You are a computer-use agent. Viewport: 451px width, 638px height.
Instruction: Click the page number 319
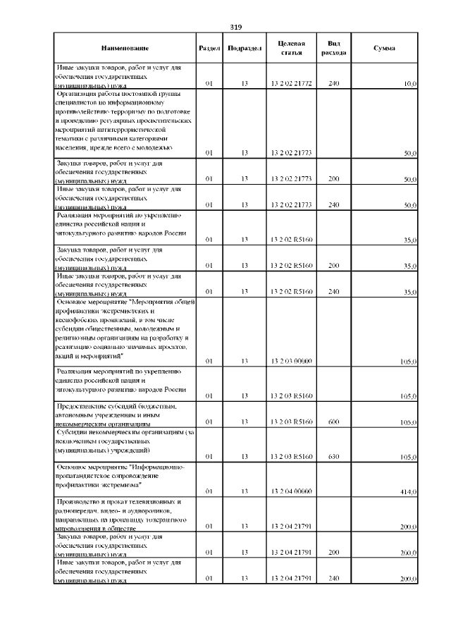tap(236, 27)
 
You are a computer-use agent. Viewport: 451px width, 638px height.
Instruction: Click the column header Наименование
tap(125, 48)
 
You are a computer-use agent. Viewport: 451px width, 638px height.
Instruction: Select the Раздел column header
tap(209, 48)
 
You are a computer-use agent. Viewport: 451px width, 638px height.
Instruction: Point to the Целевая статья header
tap(291, 48)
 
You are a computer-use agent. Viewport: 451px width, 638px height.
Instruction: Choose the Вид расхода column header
tap(333, 48)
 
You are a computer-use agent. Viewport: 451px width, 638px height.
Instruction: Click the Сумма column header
tap(384, 48)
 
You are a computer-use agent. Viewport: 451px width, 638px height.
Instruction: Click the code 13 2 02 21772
tap(291, 84)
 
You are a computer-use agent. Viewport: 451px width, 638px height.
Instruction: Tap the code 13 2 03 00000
tap(291, 362)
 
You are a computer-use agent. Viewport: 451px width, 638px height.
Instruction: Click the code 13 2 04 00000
tap(291, 491)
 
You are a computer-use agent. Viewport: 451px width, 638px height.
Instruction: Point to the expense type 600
tap(334, 422)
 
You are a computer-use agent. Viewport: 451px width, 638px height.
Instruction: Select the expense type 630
tap(334, 457)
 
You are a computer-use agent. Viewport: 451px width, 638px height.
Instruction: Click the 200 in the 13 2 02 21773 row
tap(334, 180)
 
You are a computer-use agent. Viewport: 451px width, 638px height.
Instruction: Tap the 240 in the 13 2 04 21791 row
tap(334, 579)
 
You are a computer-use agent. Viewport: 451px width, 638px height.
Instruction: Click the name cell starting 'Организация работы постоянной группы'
tap(117, 121)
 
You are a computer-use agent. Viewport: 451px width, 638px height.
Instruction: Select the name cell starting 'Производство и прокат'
tap(117, 514)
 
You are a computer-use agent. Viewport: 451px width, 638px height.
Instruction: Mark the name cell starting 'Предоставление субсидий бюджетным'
tap(117, 416)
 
